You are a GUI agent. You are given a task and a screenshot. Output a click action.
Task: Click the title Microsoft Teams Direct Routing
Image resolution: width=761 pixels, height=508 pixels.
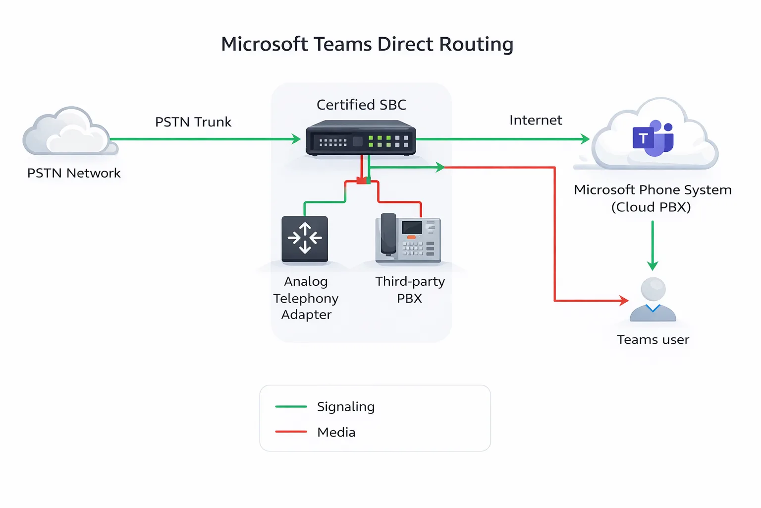(367, 44)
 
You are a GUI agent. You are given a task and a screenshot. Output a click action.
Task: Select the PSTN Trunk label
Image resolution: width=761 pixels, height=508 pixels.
(193, 122)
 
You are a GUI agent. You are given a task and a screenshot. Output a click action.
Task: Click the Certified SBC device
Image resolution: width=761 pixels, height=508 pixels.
(360, 138)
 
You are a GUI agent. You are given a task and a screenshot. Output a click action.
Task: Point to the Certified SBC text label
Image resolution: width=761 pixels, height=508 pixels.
(361, 105)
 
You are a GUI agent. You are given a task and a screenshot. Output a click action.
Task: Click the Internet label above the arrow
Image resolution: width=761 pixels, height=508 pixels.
(535, 121)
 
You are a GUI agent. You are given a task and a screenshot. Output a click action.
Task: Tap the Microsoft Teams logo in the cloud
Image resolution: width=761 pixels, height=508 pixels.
(652, 138)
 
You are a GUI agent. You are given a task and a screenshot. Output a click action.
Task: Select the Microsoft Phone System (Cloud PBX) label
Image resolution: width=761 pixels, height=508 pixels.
(652, 198)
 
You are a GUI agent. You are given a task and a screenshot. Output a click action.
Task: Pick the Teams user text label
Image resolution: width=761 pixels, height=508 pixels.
(652, 340)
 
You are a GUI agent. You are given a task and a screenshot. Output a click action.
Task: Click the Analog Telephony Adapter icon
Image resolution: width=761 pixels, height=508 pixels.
(305, 239)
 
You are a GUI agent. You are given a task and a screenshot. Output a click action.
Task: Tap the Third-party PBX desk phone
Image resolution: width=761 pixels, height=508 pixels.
(408, 239)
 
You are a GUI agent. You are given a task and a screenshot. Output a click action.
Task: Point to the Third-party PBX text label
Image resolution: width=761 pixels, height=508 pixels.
(410, 290)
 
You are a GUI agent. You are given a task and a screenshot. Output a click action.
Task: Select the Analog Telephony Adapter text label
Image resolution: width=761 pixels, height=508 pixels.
(306, 298)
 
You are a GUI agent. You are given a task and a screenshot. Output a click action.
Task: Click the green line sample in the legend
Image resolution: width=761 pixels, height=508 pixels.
(291, 406)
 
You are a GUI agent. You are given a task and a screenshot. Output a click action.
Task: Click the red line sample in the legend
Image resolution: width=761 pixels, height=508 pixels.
(291, 432)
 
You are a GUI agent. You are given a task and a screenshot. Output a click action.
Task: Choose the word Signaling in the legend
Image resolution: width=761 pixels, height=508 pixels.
(345, 407)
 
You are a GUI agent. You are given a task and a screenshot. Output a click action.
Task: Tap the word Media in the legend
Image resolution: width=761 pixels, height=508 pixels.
(336, 433)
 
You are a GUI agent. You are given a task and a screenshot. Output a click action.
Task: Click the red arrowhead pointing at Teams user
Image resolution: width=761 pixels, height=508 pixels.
(624, 300)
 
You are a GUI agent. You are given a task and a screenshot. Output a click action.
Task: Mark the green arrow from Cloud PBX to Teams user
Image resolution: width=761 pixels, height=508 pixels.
(652, 246)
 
